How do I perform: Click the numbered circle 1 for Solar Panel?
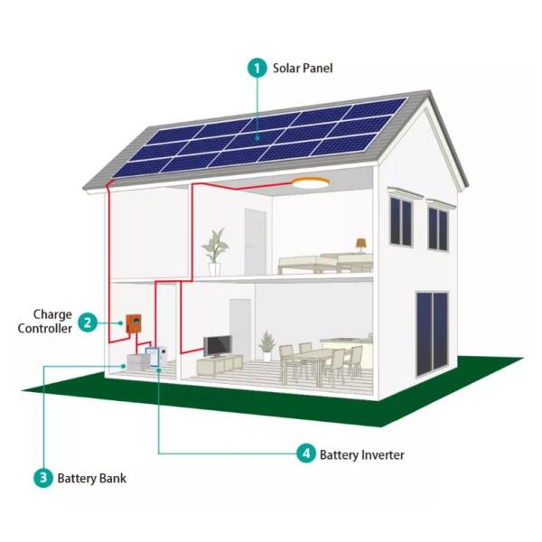[257, 68]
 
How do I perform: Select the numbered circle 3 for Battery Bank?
[42, 478]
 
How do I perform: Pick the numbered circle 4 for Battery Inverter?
[305, 454]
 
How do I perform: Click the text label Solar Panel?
[306, 68]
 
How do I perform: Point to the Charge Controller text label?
[45, 322]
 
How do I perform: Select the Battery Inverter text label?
[362, 454]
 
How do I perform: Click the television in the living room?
[217, 346]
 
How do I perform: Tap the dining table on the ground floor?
[313, 360]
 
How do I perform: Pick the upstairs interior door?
[255, 241]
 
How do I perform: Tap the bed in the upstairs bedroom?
[325, 262]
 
